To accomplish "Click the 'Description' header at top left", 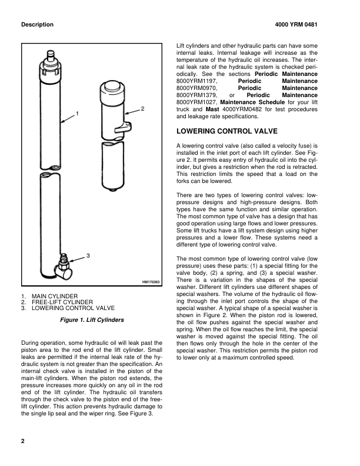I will pyautogui.click(x=37, y=25).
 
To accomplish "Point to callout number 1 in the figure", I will pyautogui.click(x=78, y=112).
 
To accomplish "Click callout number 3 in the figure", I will pyautogui.click(x=87, y=255).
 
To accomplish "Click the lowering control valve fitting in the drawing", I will pyautogui.click(x=63, y=264).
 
